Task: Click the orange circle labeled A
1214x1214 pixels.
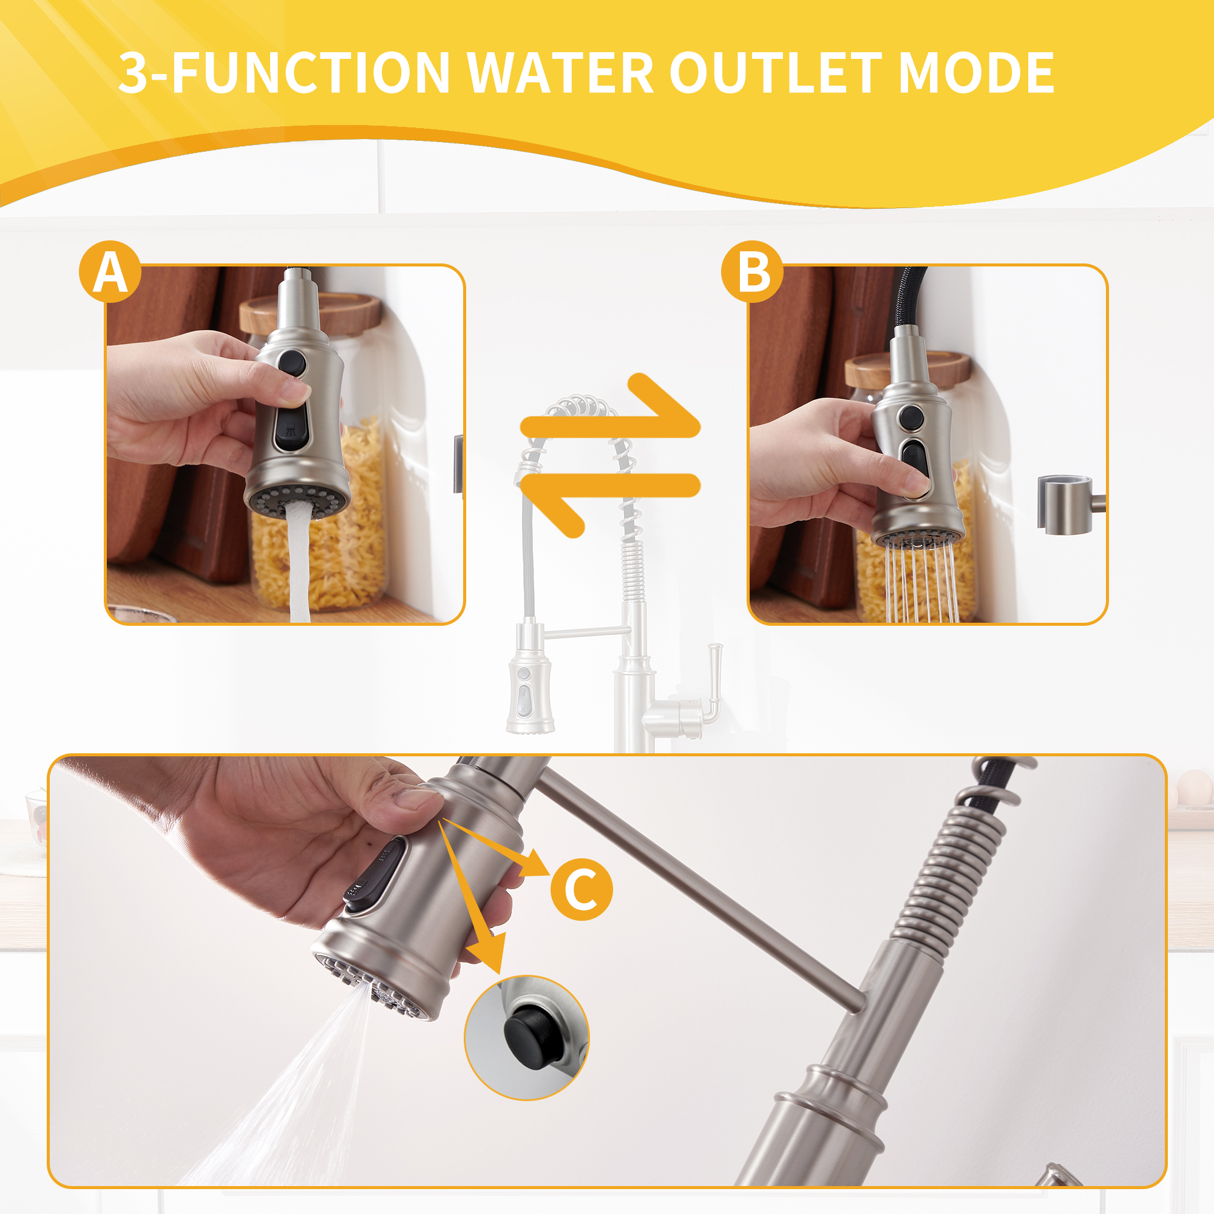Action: (x=110, y=272)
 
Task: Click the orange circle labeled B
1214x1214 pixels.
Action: (x=752, y=272)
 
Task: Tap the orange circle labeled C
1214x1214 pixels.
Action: (x=582, y=889)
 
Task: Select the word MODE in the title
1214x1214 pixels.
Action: (x=976, y=73)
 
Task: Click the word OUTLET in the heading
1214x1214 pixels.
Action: (x=778, y=73)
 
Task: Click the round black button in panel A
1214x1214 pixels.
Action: (x=292, y=364)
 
